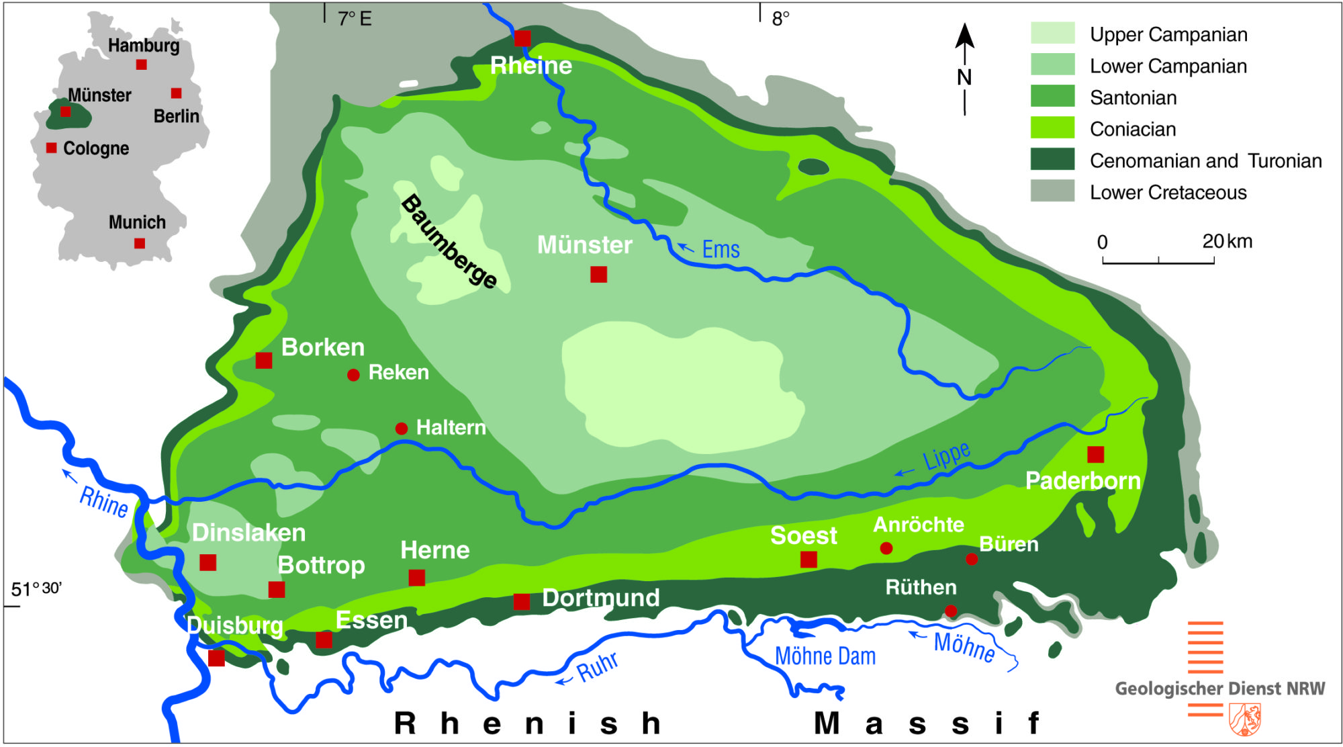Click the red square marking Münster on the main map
coord(598,274)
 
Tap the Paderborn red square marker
coord(1095,455)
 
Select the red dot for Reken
coord(353,375)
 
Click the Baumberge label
coord(449,241)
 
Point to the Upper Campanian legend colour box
coord(1052,33)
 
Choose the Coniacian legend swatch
coord(1052,128)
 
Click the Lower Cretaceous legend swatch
coord(1052,191)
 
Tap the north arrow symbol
coord(965,67)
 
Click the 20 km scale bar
coord(1158,259)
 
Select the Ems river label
coord(721,249)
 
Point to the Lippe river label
coord(946,456)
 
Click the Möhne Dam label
coord(825,656)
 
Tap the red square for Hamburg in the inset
coord(141,64)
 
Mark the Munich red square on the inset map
coord(140,243)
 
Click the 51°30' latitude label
coord(36,589)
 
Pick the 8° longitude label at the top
coord(780,19)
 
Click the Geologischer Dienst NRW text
coord(1219,689)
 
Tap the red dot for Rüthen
coord(951,611)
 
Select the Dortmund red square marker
coord(522,601)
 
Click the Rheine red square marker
coord(522,38)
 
